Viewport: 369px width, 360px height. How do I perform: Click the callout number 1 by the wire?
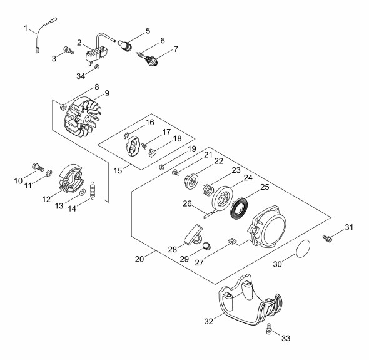26,28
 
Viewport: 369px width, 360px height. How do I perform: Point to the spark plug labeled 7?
151,61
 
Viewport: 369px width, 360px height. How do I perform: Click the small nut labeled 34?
96,67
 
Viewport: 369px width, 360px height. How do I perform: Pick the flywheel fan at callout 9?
83,117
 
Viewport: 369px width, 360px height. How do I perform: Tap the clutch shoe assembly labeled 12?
71,179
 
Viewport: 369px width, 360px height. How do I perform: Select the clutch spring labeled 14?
93,190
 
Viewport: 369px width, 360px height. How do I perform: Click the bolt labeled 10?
38,167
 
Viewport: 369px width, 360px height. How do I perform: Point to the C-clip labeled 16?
126,136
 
